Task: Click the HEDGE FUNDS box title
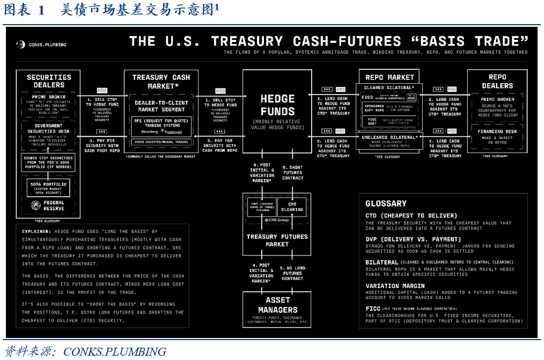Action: tap(277, 105)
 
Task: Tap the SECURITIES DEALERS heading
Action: tap(49, 82)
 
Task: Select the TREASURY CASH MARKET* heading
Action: tap(161, 82)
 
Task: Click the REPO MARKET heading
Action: tap(389, 77)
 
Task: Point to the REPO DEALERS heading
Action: tap(497, 82)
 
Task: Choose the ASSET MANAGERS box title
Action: tap(277, 305)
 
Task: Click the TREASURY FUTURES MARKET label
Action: tap(277, 240)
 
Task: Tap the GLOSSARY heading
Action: tap(386, 203)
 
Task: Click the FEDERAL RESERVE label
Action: tap(54, 205)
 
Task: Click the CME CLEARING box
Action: tap(292, 207)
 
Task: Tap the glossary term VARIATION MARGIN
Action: tap(395, 286)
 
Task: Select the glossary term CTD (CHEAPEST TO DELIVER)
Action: tap(411, 216)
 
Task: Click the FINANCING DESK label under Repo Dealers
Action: tap(497, 131)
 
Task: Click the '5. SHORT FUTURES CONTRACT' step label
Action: tap(292, 173)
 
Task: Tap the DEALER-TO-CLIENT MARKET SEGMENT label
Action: tap(161, 106)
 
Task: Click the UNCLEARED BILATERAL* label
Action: tap(389, 137)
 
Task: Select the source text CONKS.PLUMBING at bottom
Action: tap(115, 352)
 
